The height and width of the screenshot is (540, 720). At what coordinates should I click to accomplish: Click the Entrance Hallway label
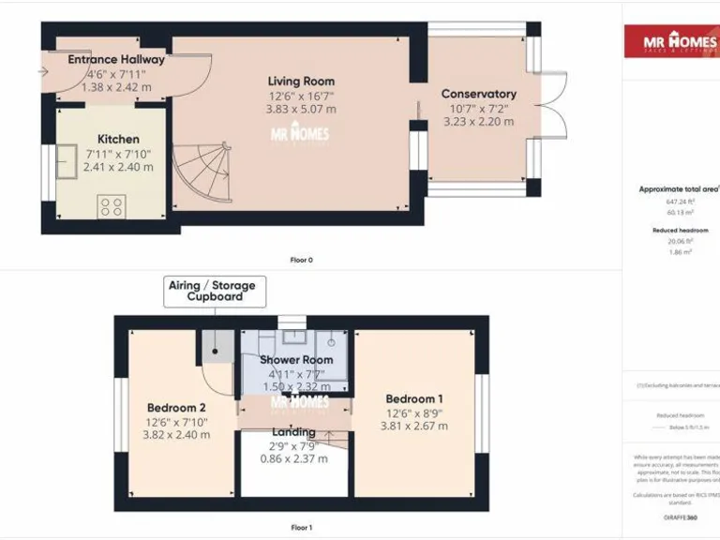tap(116, 59)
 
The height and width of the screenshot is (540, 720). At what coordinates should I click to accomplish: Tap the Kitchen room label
tap(118, 139)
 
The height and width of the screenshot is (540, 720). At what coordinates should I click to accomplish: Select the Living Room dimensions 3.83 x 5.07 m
tap(300, 109)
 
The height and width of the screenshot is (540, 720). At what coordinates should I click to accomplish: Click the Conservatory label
tap(478, 94)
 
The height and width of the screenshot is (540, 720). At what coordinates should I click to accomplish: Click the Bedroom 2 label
tap(176, 408)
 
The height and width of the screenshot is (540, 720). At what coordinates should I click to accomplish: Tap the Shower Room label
tap(296, 360)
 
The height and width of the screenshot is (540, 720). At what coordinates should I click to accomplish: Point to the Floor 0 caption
tap(301, 260)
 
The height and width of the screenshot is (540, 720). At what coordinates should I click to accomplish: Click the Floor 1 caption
tap(301, 528)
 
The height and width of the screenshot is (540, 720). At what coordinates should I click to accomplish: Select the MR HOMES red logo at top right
tap(671, 41)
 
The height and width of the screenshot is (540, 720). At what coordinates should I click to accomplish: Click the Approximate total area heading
tap(677, 188)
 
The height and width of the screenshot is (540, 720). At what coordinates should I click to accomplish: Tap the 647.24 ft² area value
tap(680, 201)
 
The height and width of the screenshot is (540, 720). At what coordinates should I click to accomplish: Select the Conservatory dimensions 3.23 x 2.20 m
tap(478, 122)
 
